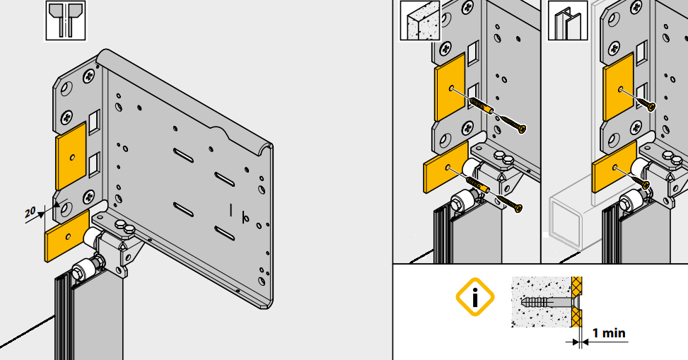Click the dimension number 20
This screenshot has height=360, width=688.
(x=30, y=212)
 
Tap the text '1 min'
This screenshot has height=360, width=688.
(x=609, y=333)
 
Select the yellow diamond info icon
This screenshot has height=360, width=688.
(x=475, y=297)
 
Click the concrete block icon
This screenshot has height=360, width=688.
(x=420, y=21)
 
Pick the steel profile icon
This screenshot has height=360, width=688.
(x=567, y=21)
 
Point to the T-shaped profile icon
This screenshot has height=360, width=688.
(x=66, y=21)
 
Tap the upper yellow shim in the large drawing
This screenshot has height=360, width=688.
(x=71, y=156)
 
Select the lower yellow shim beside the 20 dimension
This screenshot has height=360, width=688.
(x=67, y=236)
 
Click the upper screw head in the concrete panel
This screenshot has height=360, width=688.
(x=521, y=129)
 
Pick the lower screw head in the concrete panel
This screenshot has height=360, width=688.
(x=518, y=208)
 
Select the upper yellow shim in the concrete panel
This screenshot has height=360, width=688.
(x=449, y=87)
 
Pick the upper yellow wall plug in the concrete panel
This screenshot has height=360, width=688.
(x=482, y=106)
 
